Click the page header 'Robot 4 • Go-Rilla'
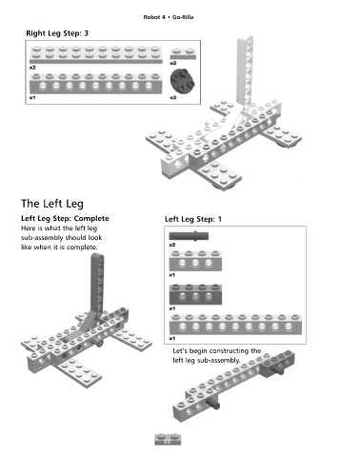(169, 17)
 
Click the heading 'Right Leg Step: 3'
(57, 33)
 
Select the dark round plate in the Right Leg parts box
(183, 81)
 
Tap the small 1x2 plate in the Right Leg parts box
(183, 53)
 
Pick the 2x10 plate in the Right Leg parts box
(95, 55)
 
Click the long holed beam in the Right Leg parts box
(95, 84)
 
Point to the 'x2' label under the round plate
(172, 97)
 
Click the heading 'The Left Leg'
(52, 204)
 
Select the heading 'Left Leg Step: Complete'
(65, 218)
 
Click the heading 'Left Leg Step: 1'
(193, 219)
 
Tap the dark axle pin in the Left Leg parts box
(189, 236)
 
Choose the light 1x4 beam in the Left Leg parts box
(195, 261)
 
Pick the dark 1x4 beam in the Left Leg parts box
(195, 294)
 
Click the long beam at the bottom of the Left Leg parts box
(235, 325)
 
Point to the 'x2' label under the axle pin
(172, 245)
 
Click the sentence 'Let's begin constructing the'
(217, 350)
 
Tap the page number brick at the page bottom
(168, 440)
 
